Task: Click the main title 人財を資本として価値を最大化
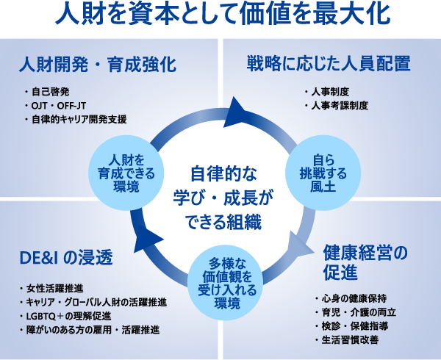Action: pyautogui.click(x=220, y=15)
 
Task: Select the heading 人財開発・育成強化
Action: pyautogui.click(x=97, y=65)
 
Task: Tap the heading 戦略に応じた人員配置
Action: pyautogui.click(x=328, y=65)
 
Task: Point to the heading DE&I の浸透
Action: pyautogui.click(x=65, y=258)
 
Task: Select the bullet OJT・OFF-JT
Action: pyautogui.click(x=60, y=106)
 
